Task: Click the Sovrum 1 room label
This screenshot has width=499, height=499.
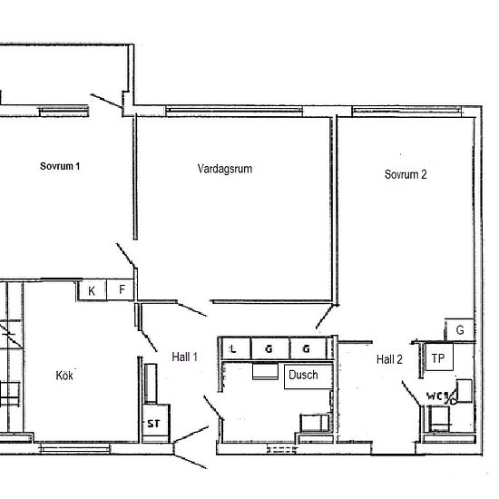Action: [60, 166]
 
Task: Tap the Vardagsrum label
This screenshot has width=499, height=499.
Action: [224, 169]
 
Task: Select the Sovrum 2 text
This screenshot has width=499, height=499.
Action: [405, 175]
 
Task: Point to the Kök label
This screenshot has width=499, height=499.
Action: [64, 375]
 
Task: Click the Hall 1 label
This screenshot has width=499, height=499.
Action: [184, 357]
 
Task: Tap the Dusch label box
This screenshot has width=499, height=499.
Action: [303, 376]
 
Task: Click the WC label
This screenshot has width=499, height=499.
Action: [436, 396]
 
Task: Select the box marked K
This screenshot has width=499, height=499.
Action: [92, 290]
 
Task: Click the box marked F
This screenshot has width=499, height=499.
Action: [122, 290]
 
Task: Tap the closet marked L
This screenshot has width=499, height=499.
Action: [235, 348]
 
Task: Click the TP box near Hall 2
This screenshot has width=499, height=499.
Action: [438, 358]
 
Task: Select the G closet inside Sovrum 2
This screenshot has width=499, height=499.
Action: [459, 330]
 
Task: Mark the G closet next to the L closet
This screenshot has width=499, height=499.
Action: [269, 348]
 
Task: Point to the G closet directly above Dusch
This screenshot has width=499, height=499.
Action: [306, 348]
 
